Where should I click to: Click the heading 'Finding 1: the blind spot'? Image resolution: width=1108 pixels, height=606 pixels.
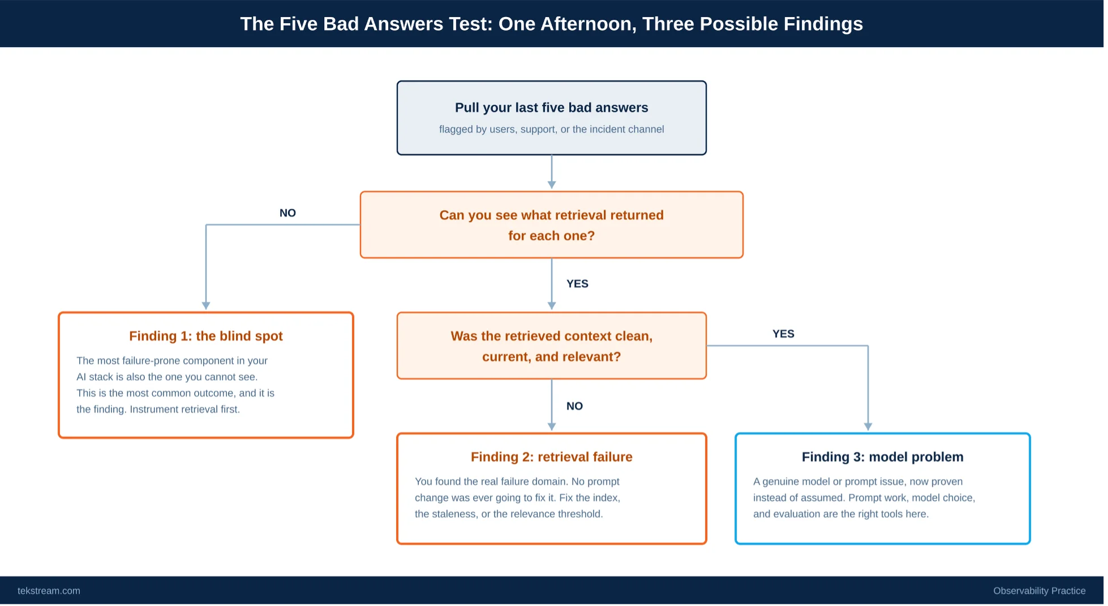coord(207,337)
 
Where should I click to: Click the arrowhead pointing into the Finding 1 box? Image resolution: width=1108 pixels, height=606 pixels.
coord(207,306)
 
